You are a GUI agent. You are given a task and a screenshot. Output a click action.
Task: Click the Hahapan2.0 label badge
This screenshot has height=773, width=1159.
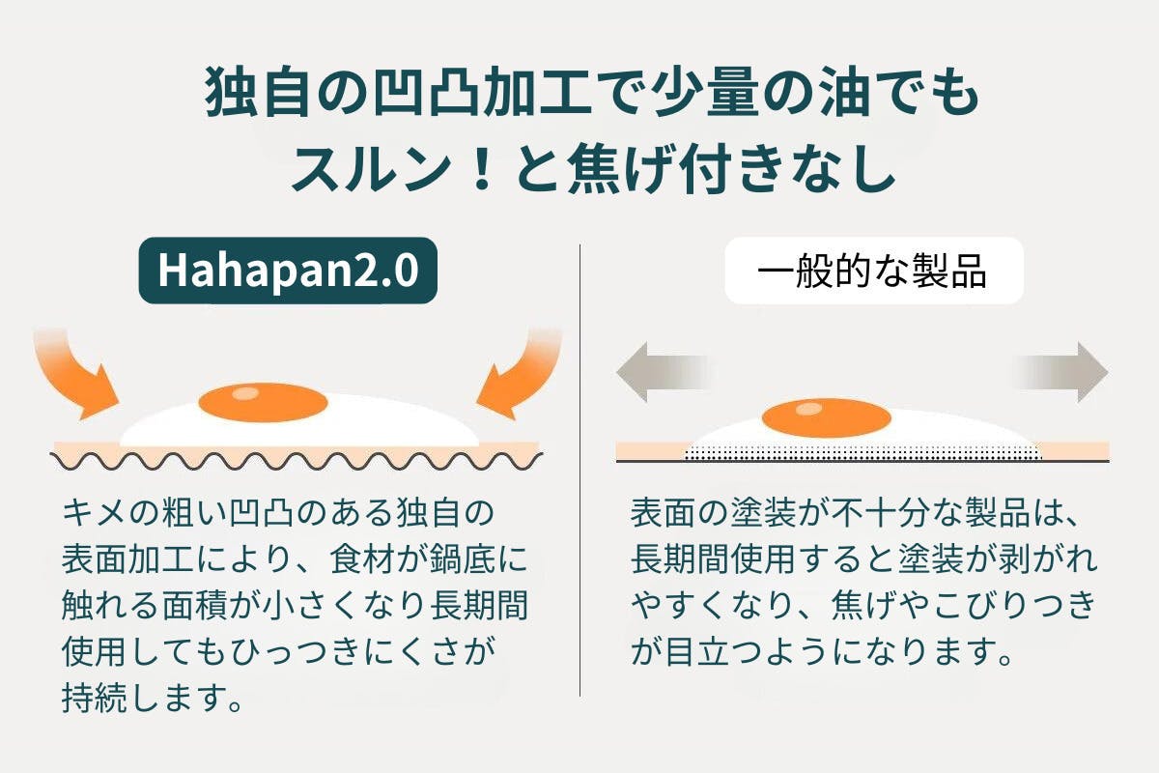(288, 272)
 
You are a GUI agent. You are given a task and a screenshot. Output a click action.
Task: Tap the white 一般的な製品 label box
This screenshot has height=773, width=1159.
(873, 272)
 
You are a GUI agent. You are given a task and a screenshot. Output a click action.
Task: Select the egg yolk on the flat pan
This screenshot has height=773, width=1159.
(826, 417)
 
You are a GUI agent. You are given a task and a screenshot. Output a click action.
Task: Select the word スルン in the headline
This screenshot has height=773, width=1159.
(356, 171)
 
